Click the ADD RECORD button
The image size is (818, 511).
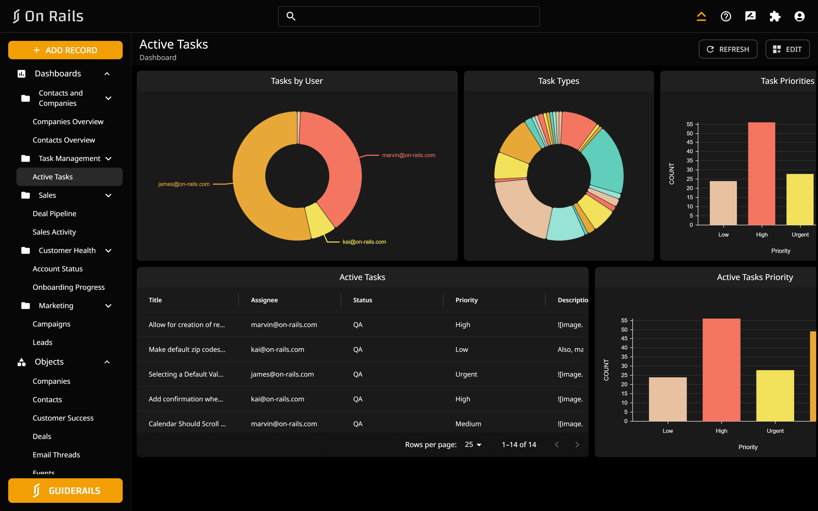[65, 50]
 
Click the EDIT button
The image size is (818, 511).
[787, 49]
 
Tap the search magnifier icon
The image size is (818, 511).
[291, 16]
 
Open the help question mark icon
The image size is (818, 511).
[726, 16]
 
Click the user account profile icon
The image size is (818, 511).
[799, 16]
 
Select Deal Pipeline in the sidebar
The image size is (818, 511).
[54, 214]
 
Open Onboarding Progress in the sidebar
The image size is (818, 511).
[69, 287]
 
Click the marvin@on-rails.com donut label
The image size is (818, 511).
[408, 155]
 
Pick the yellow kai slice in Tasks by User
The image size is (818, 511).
[320, 220]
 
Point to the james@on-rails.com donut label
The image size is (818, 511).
[184, 184]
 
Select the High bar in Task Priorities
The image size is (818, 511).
[761, 174]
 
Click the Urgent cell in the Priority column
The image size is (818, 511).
[466, 374]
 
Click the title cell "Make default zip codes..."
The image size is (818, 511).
[187, 350]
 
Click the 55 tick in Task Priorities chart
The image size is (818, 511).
[690, 124]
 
